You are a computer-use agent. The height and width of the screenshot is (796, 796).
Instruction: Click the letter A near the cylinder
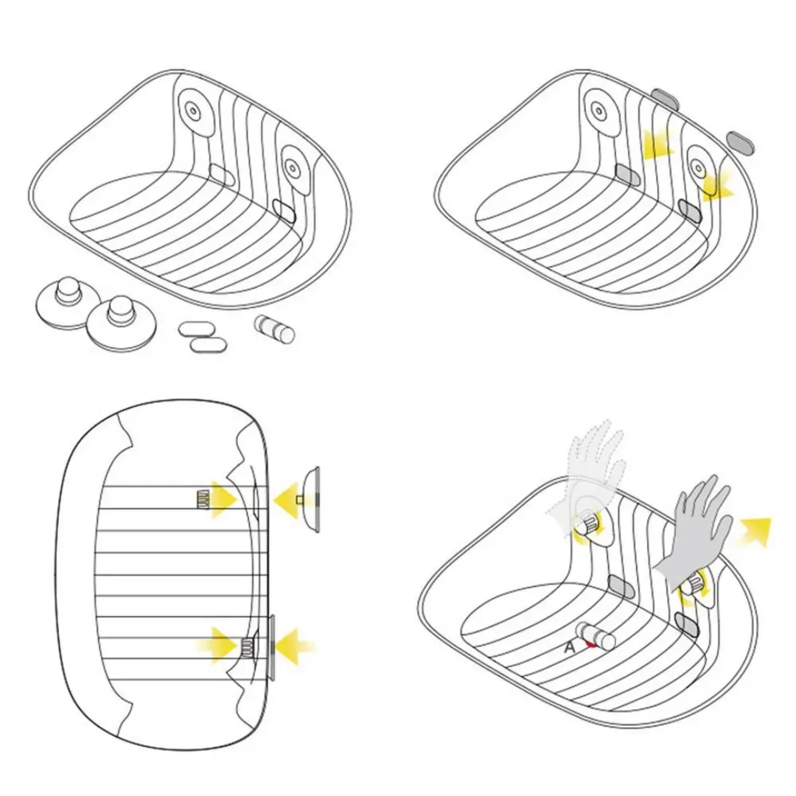570,647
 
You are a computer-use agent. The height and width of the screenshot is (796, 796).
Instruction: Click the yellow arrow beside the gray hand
756,531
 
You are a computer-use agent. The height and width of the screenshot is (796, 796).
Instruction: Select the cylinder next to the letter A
596,637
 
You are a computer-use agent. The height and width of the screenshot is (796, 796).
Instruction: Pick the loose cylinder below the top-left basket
274,330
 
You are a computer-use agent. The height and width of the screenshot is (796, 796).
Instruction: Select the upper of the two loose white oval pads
195,329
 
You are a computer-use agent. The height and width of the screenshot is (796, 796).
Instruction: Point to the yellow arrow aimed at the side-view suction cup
287,500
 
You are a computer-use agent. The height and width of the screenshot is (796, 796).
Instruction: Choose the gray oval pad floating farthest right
740,143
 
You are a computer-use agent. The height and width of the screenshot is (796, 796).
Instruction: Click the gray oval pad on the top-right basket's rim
666,98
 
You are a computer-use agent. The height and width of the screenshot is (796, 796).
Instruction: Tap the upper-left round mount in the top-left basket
194,111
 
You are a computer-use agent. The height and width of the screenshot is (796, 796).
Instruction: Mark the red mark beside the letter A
590,644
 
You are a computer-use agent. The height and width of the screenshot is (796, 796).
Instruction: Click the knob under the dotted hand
588,523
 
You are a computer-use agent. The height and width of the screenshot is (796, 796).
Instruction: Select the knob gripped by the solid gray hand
692,584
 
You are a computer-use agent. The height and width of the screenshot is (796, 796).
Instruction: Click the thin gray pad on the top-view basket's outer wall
271,648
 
